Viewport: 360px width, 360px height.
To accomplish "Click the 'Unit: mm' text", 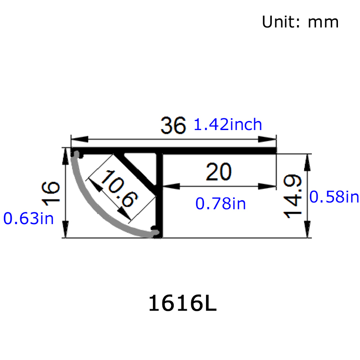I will (300, 22).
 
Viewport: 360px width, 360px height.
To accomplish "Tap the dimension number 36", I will (173, 126).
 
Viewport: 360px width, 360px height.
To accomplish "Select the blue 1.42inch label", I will (228, 124).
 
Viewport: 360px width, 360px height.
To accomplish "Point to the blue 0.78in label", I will (220, 204).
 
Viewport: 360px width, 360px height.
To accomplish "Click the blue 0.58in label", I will (334, 197).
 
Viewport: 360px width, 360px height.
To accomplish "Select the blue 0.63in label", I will (28, 219).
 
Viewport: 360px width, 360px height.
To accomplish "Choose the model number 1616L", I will (182, 304).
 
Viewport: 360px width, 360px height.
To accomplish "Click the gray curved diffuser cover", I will (97, 207).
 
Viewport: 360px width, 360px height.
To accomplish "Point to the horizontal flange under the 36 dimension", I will (216, 151).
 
